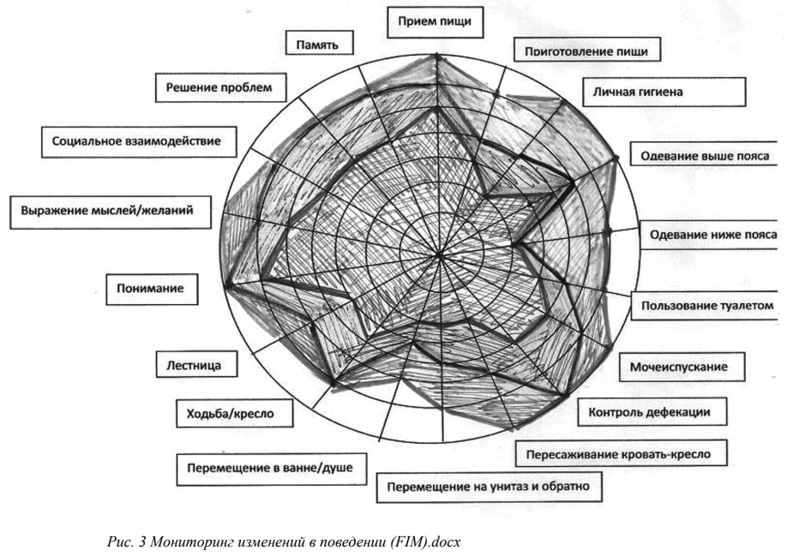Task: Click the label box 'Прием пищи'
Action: pyautogui.click(x=436, y=22)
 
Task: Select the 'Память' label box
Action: pyautogui.click(x=319, y=43)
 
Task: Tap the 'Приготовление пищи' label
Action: pyautogui.click(x=586, y=51)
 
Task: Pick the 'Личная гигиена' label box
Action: pyautogui.click(x=664, y=92)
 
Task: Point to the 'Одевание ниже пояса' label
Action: pyautogui.click(x=712, y=235)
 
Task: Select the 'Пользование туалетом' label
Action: pyautogui.click(x=707, y=305)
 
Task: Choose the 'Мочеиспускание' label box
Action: pyautogui.click(x=682, y=367)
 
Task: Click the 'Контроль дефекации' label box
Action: pyautogui.click(x=652, y=412)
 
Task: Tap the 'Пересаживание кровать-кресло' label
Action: pyautogui.click(x=622, y=454)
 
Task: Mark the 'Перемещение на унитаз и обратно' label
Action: pyautogui.click(x=489, y=487)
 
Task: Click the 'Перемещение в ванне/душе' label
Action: pyautogui.click(x=272, y=469)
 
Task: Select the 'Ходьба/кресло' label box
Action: pyautogui.click(x=234, y=413)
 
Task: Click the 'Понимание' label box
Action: pyautogui.click(x=152, y=289)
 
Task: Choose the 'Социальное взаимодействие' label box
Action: pyautogui.click(x=139, y=141)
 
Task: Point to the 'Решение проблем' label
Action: pyautogui.click(x=221, y=87)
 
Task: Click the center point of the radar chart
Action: pyautogui.click(x=440, y=255)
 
